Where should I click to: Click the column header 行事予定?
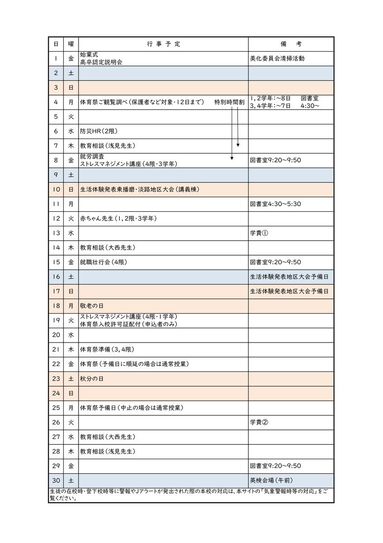click(x=163, y=44)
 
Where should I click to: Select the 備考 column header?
click(x=291, y=44)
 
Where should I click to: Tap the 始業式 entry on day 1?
click(x=89, y=55)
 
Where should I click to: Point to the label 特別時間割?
click(x=229, y=102)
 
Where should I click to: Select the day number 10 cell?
click(x=56, y=189)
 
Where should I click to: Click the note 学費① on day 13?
click(x=259, y=233)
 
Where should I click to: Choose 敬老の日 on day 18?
click(x=92, y=306)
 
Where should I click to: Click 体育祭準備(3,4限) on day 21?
click(x=107, y=349)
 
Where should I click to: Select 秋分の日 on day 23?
click(x=92, y=378)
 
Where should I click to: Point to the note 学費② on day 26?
click(x=259, y=422)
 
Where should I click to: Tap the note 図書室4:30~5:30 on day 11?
click(x=275, y=204)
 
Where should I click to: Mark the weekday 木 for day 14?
click(x=71, y=248)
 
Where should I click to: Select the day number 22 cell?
click(x=56, y=364)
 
